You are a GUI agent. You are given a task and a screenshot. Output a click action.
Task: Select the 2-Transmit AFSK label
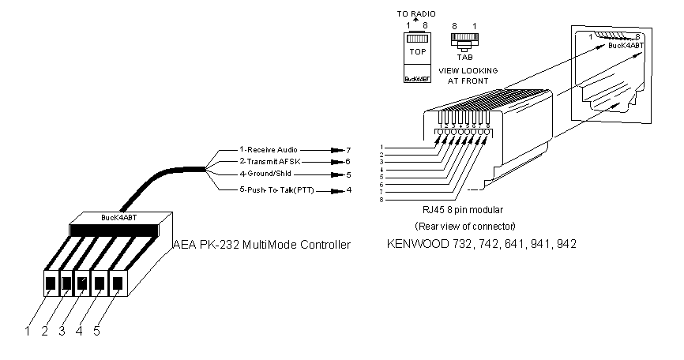click(269, 161)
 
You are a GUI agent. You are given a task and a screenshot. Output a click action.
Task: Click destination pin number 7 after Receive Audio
click(348, 148)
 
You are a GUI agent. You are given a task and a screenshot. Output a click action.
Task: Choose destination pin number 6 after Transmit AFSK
click(348, 161)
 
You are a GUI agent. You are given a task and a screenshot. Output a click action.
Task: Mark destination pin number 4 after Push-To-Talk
click(348, 190)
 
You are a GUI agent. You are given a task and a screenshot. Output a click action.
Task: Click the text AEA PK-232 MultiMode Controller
click(261, 245)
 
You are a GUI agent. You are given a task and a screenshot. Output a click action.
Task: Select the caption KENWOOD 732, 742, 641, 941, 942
click(481, 245)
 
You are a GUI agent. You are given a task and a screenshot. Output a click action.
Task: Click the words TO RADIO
click(415, 14)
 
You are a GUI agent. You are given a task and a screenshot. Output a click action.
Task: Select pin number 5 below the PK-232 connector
click(96, 332)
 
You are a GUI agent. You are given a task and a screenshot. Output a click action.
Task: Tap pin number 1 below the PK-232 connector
click(27, 332)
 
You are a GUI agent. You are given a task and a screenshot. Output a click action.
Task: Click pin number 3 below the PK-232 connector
click(62, 332)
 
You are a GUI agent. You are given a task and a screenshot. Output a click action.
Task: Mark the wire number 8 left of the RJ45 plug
click(382, 200)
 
